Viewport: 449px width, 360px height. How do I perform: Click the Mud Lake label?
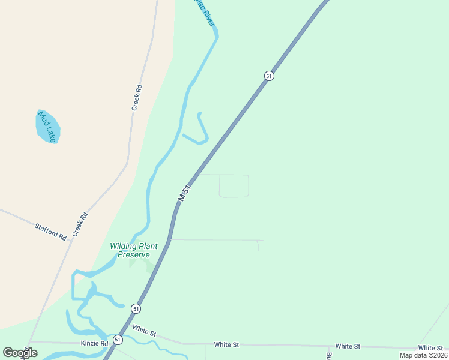[x=47, y=127]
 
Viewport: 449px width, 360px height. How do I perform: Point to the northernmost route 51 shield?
[x=269, y=76]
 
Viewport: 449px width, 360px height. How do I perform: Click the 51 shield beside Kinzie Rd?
[x=118, y=340]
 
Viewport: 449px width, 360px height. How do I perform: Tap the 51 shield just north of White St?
[x=137, y=308]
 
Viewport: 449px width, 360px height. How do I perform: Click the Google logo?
[x=20, y=353]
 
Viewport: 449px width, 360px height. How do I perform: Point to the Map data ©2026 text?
[x=423, y=355]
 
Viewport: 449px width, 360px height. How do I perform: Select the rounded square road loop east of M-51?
[x=234, y=185]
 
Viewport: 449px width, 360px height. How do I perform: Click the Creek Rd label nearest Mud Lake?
[x=137, y=97]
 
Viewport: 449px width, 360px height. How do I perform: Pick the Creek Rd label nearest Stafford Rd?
[x=80, y=224]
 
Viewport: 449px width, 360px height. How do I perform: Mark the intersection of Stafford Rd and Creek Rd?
[x=71, y=241]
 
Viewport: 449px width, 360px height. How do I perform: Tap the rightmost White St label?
[x=430, y=348]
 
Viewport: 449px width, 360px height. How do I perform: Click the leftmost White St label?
[x=145, y=330]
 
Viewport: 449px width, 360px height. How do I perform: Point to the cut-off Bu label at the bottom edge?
[x=329, y=355]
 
